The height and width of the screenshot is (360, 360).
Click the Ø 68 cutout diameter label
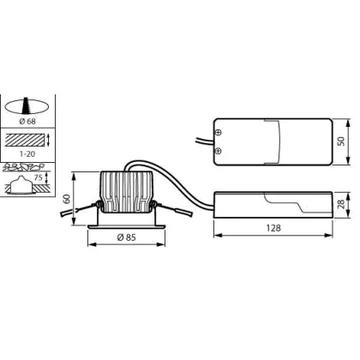[27, 121]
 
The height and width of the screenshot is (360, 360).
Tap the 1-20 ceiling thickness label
[27, 153]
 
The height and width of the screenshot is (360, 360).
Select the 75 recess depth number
[39, 177]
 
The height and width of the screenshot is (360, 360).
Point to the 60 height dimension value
[67, 199]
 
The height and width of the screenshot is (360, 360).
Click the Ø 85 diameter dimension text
[127, 237]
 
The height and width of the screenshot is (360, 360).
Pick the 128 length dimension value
[273, 228]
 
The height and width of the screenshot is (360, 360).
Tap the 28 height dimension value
[341, 204]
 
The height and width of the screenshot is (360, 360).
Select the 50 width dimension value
[341, 141]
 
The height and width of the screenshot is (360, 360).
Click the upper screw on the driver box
[219, 132]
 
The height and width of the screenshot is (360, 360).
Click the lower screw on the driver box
[219, 151]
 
